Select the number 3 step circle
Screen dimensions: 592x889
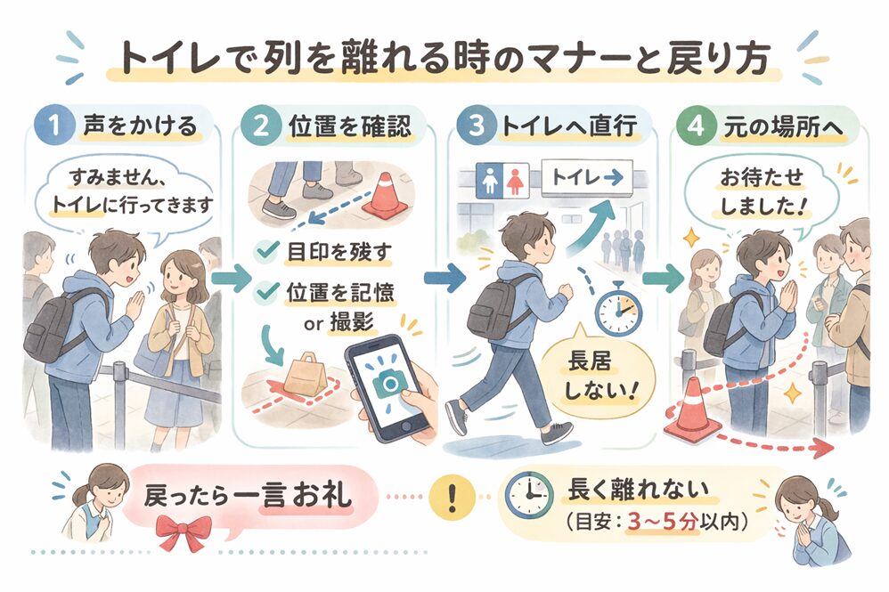tap(472, 126)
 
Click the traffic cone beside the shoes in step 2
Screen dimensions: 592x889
tap(386, 196)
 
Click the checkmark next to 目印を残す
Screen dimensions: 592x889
tap(265, 252)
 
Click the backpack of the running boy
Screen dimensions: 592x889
tap(492, 303)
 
